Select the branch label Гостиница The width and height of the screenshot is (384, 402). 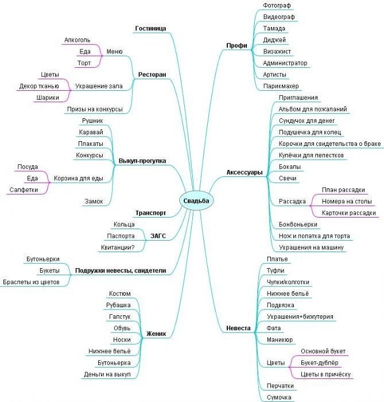150,28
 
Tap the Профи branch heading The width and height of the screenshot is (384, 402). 236,45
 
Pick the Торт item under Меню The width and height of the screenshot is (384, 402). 84,63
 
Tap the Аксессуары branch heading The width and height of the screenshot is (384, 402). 245,172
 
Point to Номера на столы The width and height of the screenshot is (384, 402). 347,201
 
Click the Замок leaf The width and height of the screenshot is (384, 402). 92,201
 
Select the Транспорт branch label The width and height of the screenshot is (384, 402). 150,212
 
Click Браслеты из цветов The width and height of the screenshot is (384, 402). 31,281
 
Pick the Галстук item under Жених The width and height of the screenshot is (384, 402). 119,316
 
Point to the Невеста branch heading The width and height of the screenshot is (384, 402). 238,328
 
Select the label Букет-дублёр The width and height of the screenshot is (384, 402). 320,363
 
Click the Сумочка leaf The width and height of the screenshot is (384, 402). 279,397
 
